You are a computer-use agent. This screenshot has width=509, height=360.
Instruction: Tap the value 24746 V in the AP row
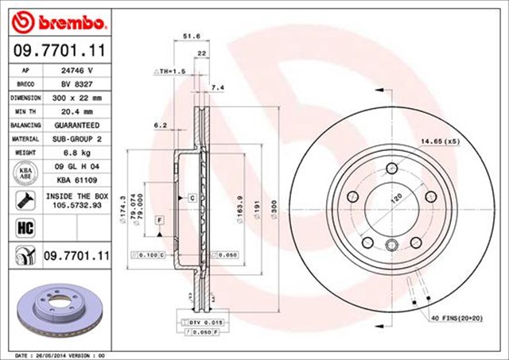point(79,70)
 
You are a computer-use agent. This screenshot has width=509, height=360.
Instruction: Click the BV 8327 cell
point(79,83)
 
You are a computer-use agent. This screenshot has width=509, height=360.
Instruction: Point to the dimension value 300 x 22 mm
point(79,98)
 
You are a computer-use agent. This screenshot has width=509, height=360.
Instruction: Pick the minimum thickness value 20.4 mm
point(79,111)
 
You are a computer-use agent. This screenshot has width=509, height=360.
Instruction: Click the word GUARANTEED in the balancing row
point(79,126)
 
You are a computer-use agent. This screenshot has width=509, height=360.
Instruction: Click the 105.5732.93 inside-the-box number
point(79,203)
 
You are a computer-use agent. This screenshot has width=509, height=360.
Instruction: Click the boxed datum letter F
point(160,219)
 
